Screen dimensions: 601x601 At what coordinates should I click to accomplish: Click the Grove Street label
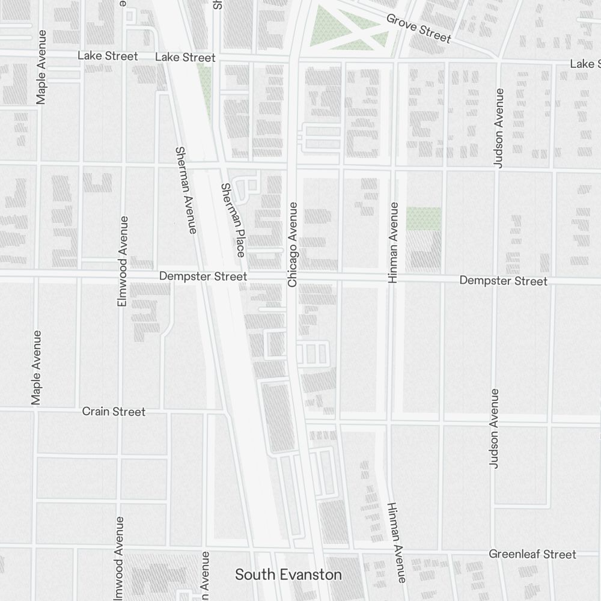tap(418, 28)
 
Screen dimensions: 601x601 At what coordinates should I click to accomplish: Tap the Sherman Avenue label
tap(185, 189)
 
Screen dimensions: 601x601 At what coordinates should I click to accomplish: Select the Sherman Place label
tap(233, 220)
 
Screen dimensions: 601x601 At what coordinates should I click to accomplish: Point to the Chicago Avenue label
tap(293, 244)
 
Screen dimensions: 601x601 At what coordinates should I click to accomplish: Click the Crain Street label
tap(114, 412)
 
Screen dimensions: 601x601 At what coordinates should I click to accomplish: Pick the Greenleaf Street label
tap(532, 554)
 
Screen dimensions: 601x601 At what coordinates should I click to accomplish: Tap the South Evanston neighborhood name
tap(288, 575)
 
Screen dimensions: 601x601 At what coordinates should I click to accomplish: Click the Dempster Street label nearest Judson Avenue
tap(503, 281)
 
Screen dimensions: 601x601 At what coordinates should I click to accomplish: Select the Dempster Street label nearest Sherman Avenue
tap(203, 276)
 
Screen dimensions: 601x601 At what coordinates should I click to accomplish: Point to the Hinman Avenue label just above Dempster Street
tap(394, 243)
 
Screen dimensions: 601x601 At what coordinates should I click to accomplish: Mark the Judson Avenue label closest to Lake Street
tap(498, 127)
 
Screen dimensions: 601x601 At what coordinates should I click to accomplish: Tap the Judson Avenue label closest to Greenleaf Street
tap(494, 428)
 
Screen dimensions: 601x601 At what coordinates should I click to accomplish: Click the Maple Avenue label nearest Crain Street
tap(37, 367)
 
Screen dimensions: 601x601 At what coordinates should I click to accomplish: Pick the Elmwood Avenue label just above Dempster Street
tap(123, 261)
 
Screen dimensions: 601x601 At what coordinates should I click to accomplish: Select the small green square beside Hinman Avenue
tap(423, 219)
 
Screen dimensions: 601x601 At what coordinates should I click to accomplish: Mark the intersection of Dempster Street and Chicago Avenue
tap(293, 277)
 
